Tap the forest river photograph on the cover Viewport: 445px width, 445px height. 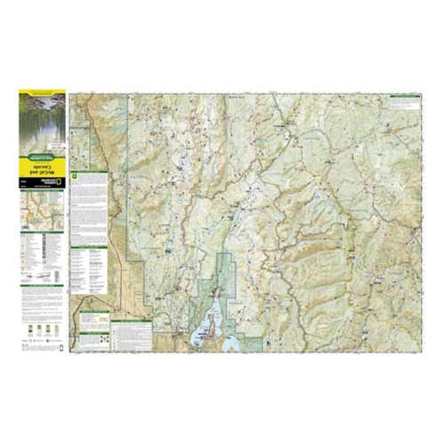(x=42, y=120)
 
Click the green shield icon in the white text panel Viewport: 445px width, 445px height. (x=78, y=176)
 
